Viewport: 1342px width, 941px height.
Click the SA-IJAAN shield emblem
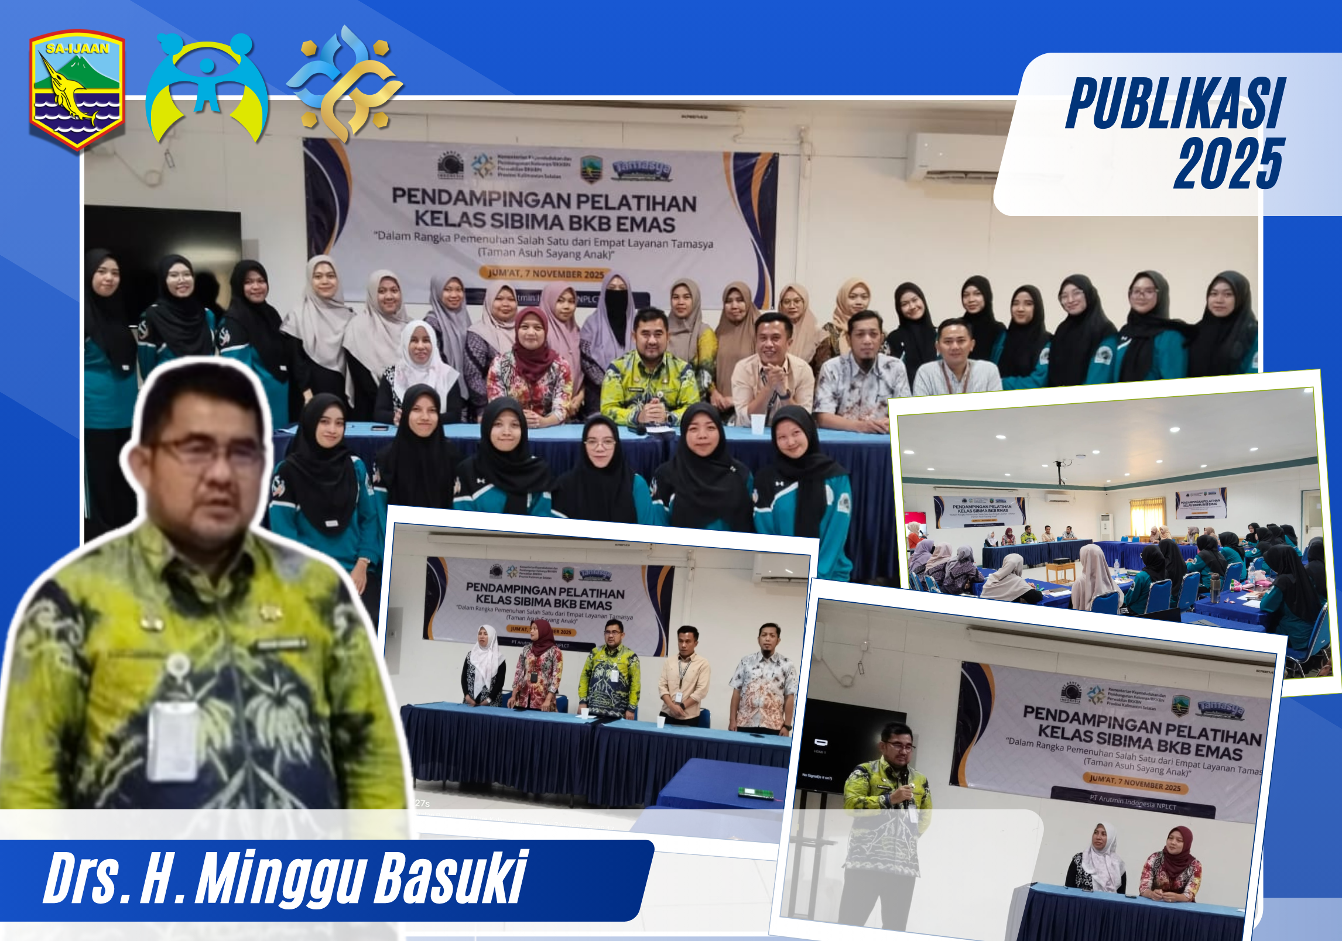77,90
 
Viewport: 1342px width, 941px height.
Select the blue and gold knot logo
345,84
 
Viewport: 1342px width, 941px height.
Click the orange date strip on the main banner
545,273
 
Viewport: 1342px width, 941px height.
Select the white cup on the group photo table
758,423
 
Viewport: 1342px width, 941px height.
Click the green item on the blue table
755,792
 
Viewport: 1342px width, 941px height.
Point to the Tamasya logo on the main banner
642,169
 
